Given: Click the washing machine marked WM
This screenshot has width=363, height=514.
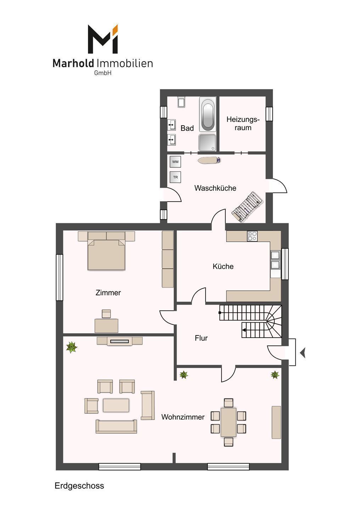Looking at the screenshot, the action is (175, 162).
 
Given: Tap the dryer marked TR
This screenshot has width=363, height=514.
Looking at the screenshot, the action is (175, 177).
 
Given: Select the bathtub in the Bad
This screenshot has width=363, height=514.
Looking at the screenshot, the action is (208, 114).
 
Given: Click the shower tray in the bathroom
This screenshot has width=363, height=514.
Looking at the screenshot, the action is (207, 142).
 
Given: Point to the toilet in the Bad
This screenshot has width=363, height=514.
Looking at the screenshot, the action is (181, 102).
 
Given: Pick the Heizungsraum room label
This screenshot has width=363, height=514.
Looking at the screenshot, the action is (243, 124).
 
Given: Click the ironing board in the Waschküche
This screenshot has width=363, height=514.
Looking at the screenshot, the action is (209, 160).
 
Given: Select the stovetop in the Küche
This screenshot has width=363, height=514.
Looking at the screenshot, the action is (252, 236).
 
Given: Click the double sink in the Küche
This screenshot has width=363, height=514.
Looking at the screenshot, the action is (275, 260).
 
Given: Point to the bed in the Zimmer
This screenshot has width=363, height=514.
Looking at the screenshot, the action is (106, 251).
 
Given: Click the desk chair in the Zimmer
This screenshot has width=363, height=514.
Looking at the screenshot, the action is (106, 314).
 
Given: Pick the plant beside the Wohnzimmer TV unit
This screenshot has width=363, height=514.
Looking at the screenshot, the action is (72, 347).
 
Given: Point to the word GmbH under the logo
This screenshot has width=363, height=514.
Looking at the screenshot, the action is (103, 73).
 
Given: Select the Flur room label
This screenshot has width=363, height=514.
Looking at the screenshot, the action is (201, 338).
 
